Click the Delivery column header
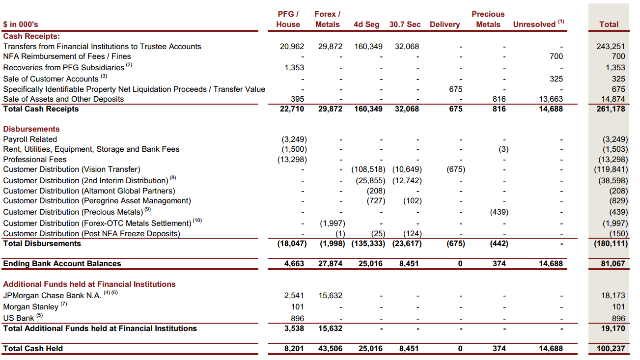pyautogui.click(x=445, y=24)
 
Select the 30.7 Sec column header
pyautogui.click(x=405, y=24)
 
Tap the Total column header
pyautogui.click(x=609, y=24)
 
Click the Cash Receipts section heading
pyautogui.click(x=31, y=36)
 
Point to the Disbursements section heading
pyautogui.click(x=31, y=129)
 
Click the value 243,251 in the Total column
pyautogui.click(x=611, y=47)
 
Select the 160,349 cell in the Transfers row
pyautogui.click(x=368, y=47)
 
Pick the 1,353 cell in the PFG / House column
pyautogui.click(x=294, y=68)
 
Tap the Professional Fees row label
pyautogui.click(x=35, y=159)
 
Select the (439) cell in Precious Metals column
pyautogui.click(x=499, y=212)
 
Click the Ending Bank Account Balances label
pyautogui.click(x=62, y=264)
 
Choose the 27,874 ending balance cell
pyautogui.click(x=330, y=264)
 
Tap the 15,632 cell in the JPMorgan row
pyautogui.click(x=330, y=296)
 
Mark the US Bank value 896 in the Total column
pyautogui.click(x=618, y=318)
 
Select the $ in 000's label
pyautogui.click(x=21, y=24)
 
